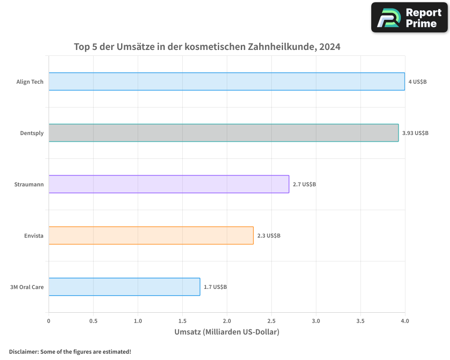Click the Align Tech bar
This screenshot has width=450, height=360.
(x=227, y=81)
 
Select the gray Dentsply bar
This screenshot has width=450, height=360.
(x=224, y=133)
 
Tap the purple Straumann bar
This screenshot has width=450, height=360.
(x=169, y=184)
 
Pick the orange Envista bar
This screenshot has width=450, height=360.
(x=151, y=235)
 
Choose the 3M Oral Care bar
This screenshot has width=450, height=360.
(x=124, y=287)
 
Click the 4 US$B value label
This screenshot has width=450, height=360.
(x=417, y=82)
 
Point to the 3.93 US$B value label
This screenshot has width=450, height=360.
(x=415, y=133)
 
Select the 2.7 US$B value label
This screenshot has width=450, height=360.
(x=304, y=184)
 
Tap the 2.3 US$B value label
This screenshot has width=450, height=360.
(x=269, y=236)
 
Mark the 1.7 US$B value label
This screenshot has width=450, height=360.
(x=215, y=287)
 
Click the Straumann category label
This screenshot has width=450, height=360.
(x=29, y=184)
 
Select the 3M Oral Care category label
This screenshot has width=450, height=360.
(x=27, y=287)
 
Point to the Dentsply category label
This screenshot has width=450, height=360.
(x=32, y=133)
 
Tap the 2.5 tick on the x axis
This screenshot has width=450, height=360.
(x=271, y=321)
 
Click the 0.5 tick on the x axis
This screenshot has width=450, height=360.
(x=93, y=321)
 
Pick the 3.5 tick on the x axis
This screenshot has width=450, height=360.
(x=360, y=321)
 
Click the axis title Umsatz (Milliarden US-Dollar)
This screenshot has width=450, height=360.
(x=227, y=332)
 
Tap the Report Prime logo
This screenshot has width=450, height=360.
(x=409, y=18)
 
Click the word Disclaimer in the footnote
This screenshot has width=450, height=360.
(x=23, y=351)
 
